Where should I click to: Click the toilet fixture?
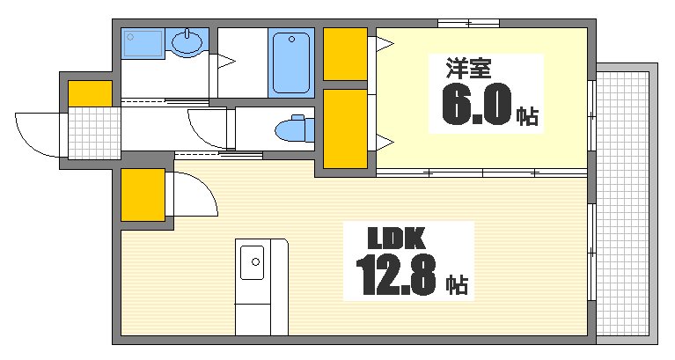tap(293, 129)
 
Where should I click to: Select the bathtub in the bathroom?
tap(292, 62)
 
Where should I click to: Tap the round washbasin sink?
tap(187, 40)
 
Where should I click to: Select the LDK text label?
tap(396, 238)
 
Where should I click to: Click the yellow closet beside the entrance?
tap(90, 92)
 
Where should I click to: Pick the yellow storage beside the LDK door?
tap(143, 195)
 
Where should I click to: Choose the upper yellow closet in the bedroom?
tap(344, 55)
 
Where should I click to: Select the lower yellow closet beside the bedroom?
tap(344, 129)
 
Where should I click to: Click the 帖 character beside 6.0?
tap(527, 115)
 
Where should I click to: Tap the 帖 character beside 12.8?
tap(456, 283)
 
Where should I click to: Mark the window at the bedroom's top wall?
tap(468, 22)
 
